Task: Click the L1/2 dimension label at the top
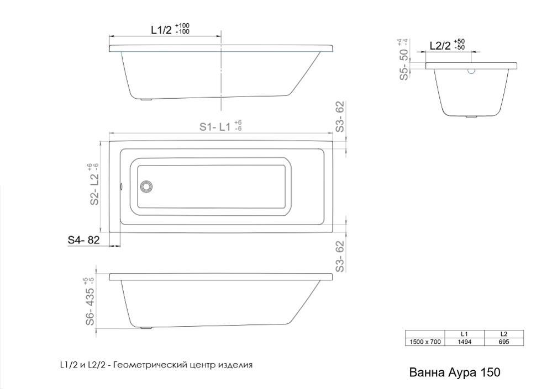click(161, 30)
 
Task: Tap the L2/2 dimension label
click(440, 46)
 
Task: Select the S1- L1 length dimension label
click(215, 126)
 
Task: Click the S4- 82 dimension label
click(83, 240)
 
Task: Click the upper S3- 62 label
click(340, 116)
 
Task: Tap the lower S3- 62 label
click(340, 256)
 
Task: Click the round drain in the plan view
click(146, 186)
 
